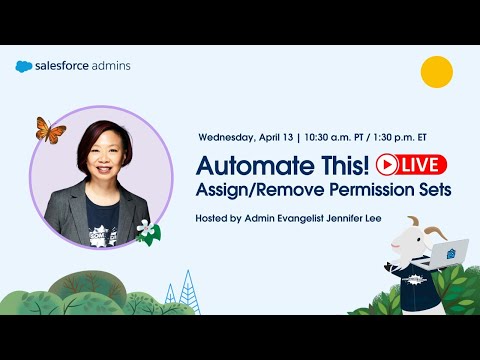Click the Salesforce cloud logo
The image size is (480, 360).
(x=25, y=67)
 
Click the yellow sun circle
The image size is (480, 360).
(x=437, y=72)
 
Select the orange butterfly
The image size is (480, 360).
(x=50, y=129)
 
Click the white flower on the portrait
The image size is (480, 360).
(x=147, y=229)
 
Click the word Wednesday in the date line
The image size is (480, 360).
(x=227, y=136)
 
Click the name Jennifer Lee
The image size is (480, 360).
(x=382, y=217)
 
